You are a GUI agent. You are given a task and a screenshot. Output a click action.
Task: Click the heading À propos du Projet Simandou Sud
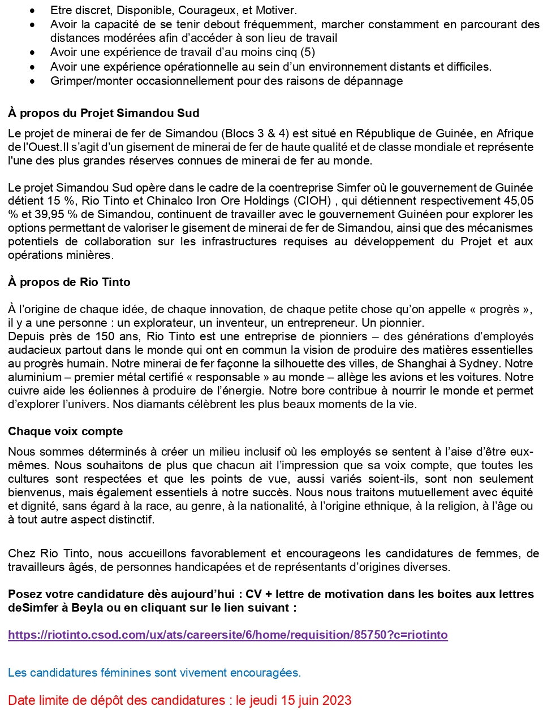pos(104,113)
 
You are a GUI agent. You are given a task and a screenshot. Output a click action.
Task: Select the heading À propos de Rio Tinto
pos(69,282)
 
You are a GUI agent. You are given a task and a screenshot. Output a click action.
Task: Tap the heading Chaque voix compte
pos(65,431)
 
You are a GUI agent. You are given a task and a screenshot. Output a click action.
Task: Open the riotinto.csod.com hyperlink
pos(227,635)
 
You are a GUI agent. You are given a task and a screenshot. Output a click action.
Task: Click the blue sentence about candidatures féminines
pos(154,673)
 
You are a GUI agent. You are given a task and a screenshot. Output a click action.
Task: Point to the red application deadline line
pos(179,700)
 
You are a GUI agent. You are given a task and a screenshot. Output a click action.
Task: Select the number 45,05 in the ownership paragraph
pos(517,201)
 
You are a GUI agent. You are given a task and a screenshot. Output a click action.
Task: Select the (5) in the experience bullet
pos(308,52)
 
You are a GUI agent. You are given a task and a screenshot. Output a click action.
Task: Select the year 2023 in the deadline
pos(337,700)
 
